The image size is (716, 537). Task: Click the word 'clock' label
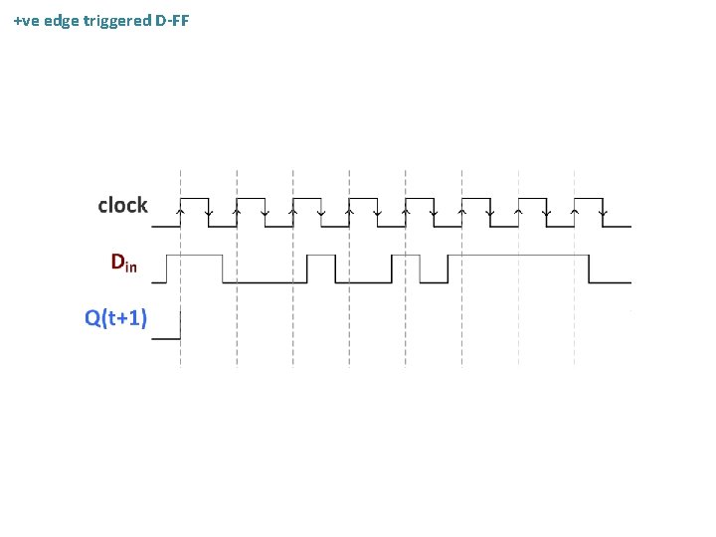point(122,206)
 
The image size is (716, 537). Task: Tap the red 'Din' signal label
point(124,263)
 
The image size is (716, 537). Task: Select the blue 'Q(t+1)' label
point(116,318)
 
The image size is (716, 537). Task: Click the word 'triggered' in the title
point(117,20)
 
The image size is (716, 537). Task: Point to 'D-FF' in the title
point(172,20)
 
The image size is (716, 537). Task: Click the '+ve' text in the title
point(26,20)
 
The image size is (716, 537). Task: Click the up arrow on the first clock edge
point(180,211)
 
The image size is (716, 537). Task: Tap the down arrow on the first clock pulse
point(208,211)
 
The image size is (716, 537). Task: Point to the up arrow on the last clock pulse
point(576,211)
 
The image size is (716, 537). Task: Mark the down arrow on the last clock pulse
point(604,211)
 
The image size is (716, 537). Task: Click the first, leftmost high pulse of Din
point(194,256)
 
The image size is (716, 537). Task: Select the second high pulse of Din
point(321,256)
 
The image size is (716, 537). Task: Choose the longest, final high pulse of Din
point(518,256)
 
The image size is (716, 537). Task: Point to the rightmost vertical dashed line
point(576,298)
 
